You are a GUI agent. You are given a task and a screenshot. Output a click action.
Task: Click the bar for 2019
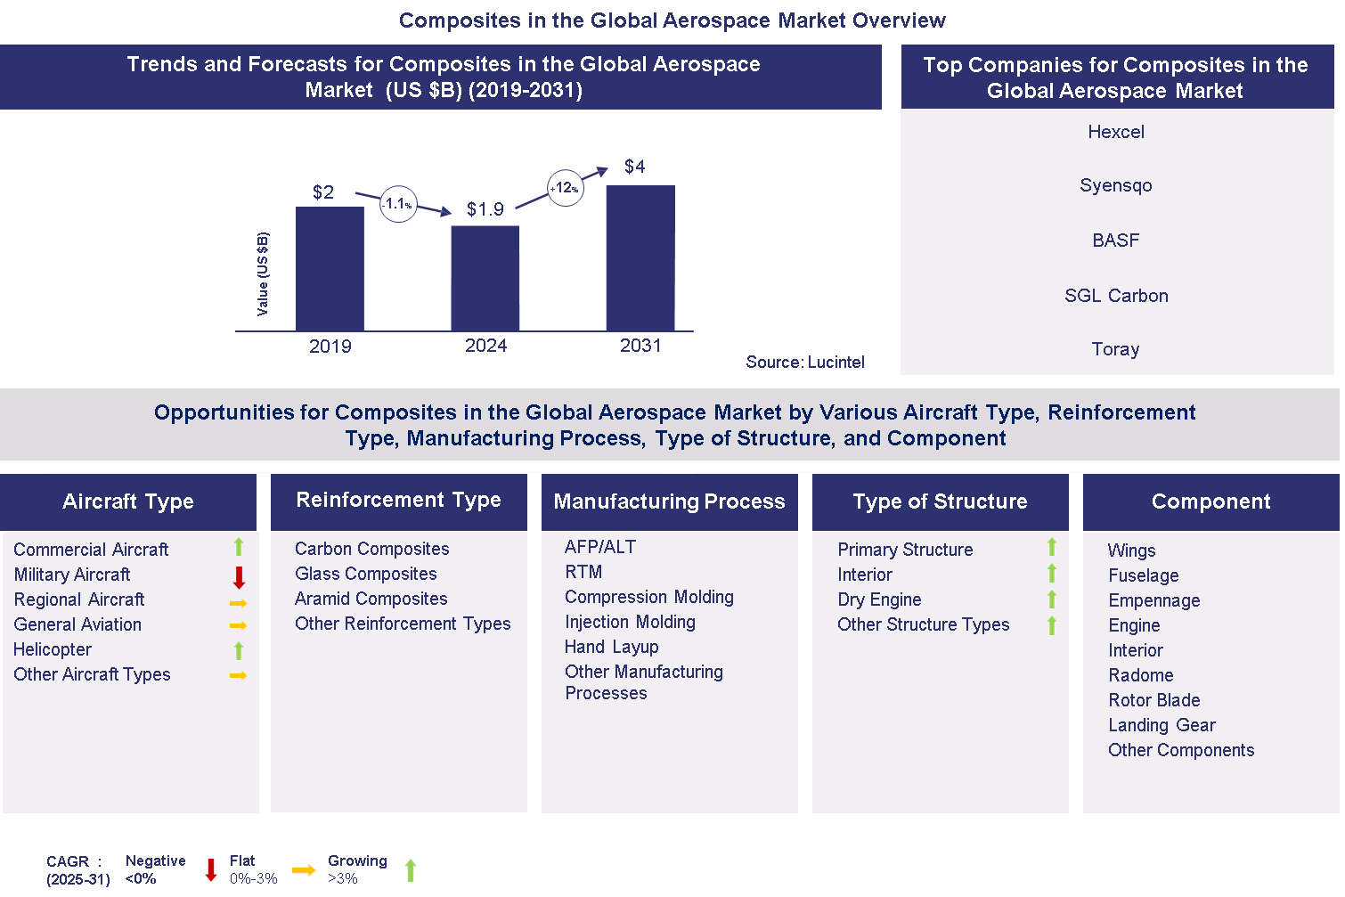coord(330,268)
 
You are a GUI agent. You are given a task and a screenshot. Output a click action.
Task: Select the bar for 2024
coord(485,278)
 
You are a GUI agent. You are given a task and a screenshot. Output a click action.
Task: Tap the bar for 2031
coord(640,257)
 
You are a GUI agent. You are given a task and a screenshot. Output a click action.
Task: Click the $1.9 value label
coord(485,209)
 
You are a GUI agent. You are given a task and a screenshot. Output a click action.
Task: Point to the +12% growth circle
coord(565,188)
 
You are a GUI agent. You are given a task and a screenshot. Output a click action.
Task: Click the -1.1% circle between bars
coord(398,204)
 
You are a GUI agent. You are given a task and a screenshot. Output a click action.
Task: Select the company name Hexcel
coord(1115,132)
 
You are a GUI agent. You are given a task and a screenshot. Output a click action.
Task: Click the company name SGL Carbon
coord(1115,296)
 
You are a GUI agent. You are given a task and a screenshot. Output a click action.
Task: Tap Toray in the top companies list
coord(1115,349)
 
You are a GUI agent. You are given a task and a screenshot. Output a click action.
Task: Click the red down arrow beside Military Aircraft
coord(239,576)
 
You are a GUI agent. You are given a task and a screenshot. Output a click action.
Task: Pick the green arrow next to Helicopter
coord(239,650)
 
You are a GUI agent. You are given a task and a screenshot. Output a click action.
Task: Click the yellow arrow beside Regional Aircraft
coord(238,603)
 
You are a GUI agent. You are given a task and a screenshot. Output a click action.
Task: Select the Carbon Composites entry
coord(371,549)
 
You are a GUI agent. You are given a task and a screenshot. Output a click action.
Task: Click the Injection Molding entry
coord(630,622)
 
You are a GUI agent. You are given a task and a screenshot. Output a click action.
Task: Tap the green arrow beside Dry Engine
coord(1051,600)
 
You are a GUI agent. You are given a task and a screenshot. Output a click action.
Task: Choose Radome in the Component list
coord(1140,675)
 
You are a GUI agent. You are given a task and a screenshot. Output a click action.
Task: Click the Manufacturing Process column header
coord(669,502)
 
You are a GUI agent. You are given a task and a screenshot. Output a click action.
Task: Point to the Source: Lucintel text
coord(804,362)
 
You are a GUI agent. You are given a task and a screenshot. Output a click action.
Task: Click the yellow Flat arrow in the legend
coord(304,870)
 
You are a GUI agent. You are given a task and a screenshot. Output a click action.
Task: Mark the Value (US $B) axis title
coord(263,274)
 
